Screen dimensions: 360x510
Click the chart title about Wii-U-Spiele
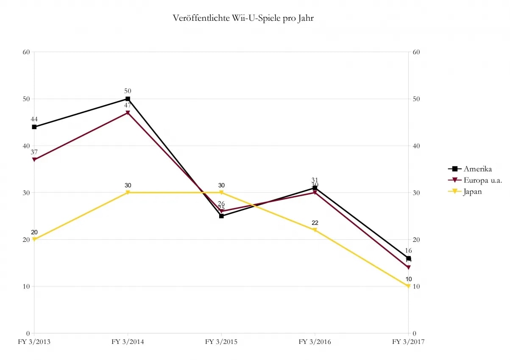(243, 18)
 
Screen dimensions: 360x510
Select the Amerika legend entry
(477, 169)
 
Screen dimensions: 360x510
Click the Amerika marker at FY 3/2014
(128, 99)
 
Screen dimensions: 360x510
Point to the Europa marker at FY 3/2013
(34, 160)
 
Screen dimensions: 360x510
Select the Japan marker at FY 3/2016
(315, 230)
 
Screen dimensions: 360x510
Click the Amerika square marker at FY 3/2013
(34, 127)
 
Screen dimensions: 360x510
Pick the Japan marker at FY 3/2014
(128, 193)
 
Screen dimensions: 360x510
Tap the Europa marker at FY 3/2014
(128, 113)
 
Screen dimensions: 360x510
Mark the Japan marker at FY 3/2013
(34, 239)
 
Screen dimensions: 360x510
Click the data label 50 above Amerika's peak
(128, 91)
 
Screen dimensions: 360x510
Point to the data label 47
(128, 105)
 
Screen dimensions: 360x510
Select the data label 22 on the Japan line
(315, 223)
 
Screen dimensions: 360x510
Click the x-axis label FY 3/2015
(221, 342)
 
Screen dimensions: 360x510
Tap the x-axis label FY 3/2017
(408, 342)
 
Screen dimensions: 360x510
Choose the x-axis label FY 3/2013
(34, 342)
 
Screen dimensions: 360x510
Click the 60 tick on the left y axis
(26, 52)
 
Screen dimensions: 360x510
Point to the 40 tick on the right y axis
(415, 146)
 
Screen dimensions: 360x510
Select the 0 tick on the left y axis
(28, 333)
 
